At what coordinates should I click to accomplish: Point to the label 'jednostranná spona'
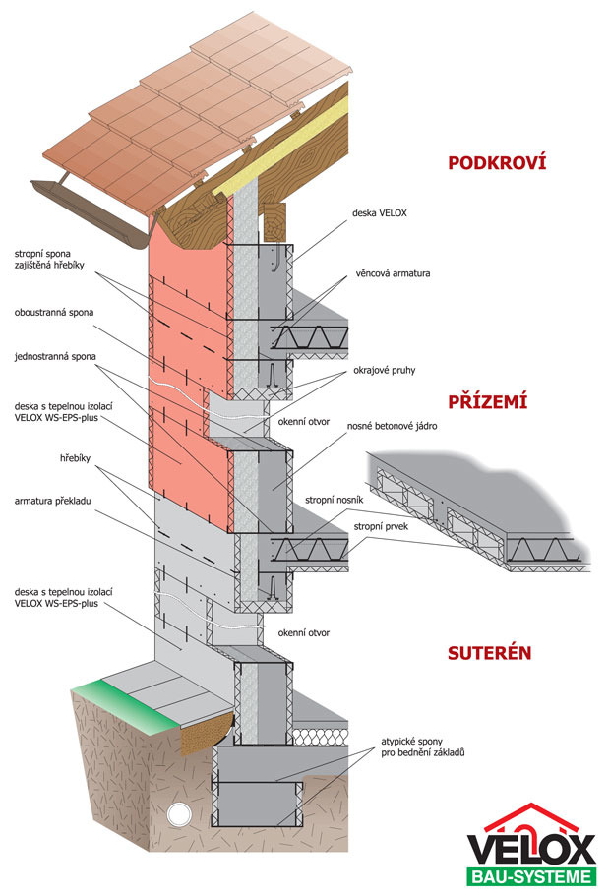pos(58,356)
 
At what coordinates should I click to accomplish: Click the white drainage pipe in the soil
pos(178,813)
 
